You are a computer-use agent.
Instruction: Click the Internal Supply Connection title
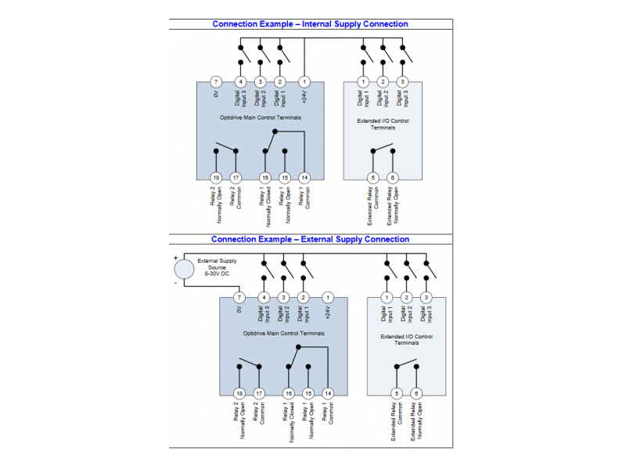coord(310,24)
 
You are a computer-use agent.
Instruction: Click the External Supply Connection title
coord(310,239)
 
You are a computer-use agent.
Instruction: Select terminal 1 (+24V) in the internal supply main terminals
coord(304,82)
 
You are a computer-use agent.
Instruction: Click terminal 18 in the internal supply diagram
coord(216,177)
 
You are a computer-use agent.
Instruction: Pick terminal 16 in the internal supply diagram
coord(265,177)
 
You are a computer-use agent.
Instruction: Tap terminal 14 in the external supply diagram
coord(328,393)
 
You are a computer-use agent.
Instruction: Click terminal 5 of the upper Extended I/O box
coord(372,177)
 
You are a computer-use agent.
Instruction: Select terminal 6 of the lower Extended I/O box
coord(416,393)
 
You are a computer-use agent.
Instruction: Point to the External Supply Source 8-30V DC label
coord(217,267)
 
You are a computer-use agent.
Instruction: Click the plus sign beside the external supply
coord(175,256)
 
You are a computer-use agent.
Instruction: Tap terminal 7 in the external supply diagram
coord(239,298)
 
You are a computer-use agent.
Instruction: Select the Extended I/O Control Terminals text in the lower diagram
coord(407,339)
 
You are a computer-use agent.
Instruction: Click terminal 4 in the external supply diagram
coord(264,298)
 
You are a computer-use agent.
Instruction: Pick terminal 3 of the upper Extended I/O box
coord(403,82)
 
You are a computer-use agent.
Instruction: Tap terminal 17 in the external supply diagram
coord(259,393)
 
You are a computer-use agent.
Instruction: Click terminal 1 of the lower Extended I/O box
coord(387,298)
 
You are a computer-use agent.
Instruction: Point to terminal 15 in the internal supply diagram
coord(285,177)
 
